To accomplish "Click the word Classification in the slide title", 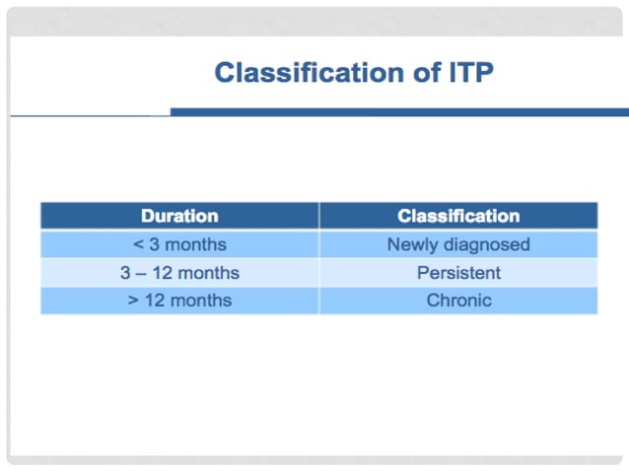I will [x=296, y=73].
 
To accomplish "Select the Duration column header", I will [x=179, y=216].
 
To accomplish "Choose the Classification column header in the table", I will [x=458, y=216].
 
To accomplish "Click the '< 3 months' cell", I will [x=179, y=244].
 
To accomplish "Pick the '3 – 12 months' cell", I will [x=179, y=273].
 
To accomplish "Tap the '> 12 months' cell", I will [x=179, y=301].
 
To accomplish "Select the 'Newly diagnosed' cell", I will [x=458, y=244].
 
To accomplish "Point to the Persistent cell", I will [x=458, y=273].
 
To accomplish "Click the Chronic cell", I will [x=458, y=301].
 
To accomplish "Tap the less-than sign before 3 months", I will [x=137, y=244].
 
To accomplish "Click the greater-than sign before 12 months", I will [x=133, y=301].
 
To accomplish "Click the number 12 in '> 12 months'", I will [x=155, y=301].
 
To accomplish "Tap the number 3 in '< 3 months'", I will [x=154, y=244].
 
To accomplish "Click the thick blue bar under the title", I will [x=398, y=112].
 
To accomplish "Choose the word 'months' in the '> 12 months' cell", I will [x=201, y=301].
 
